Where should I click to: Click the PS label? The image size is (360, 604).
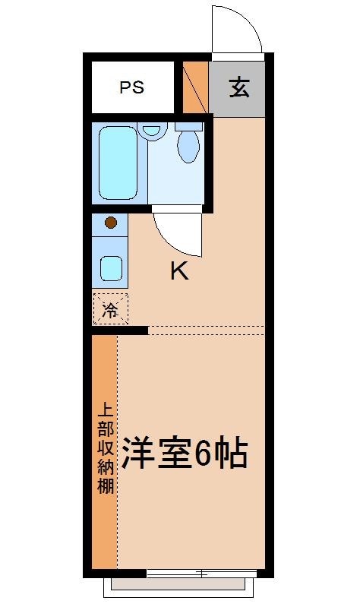(132, 87)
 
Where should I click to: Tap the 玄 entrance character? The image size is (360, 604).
(238, 88)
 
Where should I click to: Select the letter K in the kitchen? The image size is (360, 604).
(178, 271)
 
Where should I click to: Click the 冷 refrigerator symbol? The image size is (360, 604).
(110, 309)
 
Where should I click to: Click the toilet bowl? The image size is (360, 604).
(188, 145)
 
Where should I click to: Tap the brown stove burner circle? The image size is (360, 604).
(110, 223)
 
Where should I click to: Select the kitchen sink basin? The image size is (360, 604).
(111, 268)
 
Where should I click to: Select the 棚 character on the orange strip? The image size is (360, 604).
(104, 485)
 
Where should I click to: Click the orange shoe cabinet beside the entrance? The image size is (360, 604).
(195, 86)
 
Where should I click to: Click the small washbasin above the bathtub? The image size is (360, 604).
(153, 129)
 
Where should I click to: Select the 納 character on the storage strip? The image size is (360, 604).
(104, 466)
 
